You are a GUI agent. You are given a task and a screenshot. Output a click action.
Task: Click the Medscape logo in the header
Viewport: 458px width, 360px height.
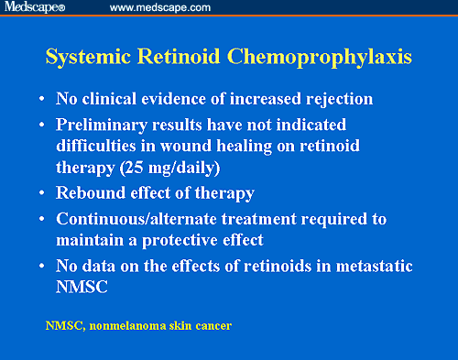tap(35, 8)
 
